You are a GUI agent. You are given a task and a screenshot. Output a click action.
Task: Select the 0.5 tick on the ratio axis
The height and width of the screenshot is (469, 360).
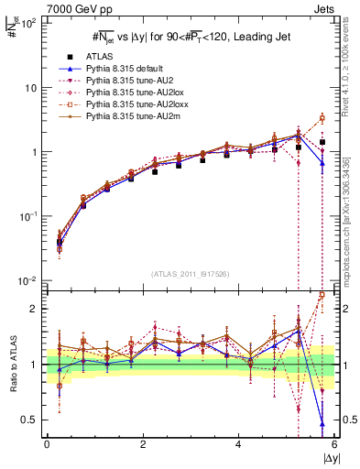tap(29, 420)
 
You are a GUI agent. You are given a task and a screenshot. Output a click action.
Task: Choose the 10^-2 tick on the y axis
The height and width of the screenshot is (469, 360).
tap(27, 280)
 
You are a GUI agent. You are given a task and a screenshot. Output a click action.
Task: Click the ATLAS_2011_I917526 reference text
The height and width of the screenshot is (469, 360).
tap(189, 274)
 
